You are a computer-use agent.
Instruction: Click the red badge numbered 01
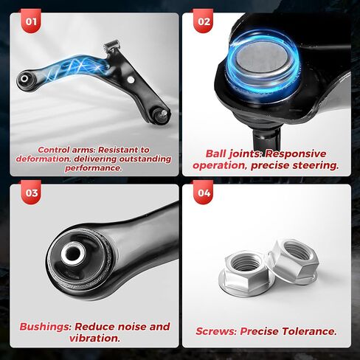coord(31,22)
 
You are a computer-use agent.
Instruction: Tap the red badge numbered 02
coord(204,22)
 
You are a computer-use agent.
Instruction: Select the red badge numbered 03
coord(31,195)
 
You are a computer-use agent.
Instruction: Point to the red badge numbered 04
coord(204,195)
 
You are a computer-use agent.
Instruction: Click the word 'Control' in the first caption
coord(54,149)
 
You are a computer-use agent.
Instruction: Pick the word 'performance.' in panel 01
coord(93,167)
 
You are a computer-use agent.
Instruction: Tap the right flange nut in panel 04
coord(294,259)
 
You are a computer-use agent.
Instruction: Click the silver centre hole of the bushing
coord(72,255)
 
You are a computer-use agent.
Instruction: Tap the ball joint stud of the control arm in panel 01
coord(160,114)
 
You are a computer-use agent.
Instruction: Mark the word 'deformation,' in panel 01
coord(48,159)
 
